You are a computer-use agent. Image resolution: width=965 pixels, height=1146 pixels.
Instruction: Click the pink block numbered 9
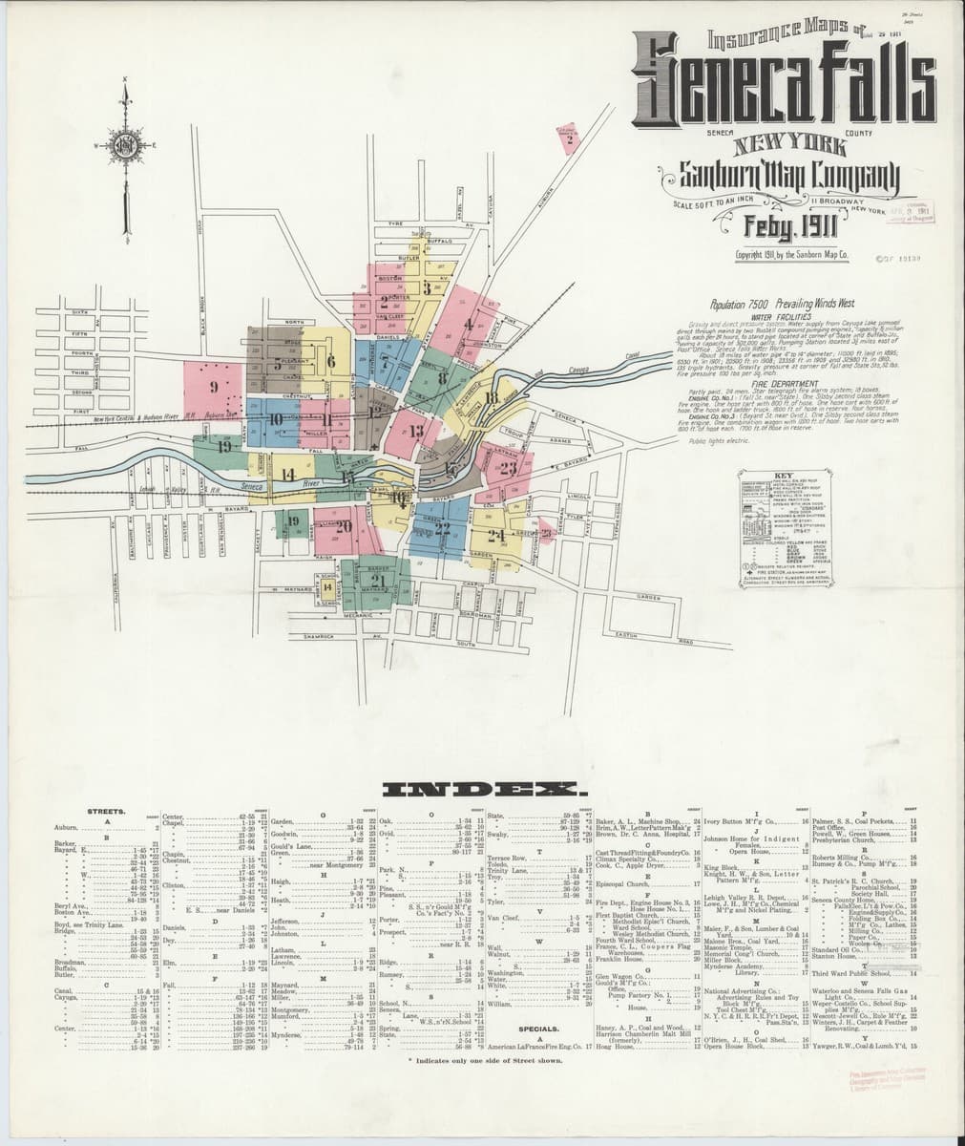(x=215, y=387)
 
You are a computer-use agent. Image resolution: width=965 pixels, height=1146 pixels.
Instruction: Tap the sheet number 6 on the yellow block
(x=331, y=361)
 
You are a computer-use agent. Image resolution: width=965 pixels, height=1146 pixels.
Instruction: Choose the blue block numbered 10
(x=276, y=418)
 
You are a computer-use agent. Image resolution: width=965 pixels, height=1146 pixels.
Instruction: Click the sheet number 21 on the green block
(x=378, y=581)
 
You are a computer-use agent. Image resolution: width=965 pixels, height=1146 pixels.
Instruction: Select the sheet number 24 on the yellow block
(x=496, y=535)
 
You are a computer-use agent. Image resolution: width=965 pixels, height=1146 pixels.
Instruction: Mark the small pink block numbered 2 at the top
(x=569, y=140)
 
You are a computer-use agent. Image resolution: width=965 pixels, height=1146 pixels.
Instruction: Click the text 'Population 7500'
(x=741, y=299)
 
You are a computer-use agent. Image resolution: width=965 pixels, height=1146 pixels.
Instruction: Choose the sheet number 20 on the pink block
(x=344, y=525)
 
